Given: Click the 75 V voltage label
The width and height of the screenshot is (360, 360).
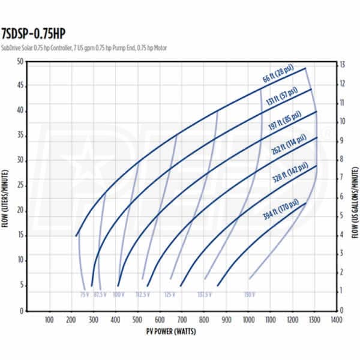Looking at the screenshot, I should [x=83, y=294].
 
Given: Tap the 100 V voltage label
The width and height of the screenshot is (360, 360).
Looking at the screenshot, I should [x=118, y=294].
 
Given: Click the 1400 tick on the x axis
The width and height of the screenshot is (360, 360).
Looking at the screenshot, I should [x=336, y=320].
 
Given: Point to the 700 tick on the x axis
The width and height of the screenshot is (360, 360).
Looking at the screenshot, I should [x=182, y=320].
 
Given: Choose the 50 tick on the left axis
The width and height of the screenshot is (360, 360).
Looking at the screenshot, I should [x=20, y=62].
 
